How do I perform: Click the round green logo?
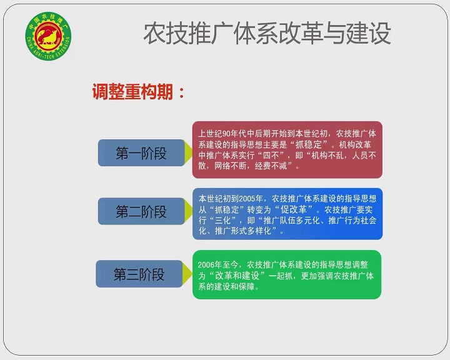coord(48,36)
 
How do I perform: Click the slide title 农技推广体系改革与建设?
coord(267,34)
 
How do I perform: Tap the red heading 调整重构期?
coord(132,92)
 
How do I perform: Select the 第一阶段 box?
coord(141,152)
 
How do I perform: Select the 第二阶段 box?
coord(141,211)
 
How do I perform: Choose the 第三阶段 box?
coord(139,274)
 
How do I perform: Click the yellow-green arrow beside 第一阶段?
coord(188,152)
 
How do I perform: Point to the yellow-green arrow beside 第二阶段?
coord(188,211)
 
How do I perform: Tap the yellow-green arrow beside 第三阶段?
coord(187,274)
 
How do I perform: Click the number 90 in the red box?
coord(226,134)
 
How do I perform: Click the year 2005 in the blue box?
coord(247,199)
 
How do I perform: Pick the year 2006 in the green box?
coord(206,265)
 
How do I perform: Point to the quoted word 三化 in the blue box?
coord(223,221)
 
